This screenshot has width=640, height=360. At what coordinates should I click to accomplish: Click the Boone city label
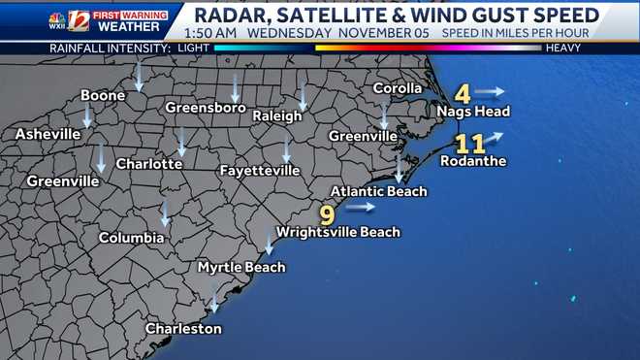pyautogui.click(x=102, y=96)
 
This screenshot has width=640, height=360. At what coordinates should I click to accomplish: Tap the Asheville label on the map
pyautogui.click(x=47, y=134)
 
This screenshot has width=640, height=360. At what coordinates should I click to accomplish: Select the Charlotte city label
pyautogui.click(x=149, y=164)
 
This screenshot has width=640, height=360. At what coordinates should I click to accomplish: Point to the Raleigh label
pyautogui.click(x=277, y=116)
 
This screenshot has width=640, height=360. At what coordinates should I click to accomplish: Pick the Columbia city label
pyautogui.click(x=131, y=238)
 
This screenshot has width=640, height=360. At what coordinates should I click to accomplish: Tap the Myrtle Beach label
pyautogui.click(x=241, y=267)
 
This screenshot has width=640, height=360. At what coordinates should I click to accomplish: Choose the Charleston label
pyautogui.click(x=183, y=329)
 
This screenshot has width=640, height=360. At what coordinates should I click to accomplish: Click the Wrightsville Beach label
pyautogui.click(x=337, y=232)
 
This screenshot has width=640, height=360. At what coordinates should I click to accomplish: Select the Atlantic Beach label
pyautogui.click(x=378, y=191)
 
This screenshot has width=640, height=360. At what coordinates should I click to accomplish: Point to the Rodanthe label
pyautogui.click(x=473, y=162)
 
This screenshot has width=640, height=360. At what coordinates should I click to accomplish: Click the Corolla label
pyautogui.click(x=399, y=89)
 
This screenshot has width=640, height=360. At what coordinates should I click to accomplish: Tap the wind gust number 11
pyautogui.click(x=470, y=145)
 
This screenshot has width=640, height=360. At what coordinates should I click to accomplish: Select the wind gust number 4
pyautogui.click(x=463, y=94)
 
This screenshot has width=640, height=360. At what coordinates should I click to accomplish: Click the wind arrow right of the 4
pyautogui.click(x=491, y=92)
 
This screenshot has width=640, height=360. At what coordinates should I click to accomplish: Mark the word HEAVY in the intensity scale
pyautogui.click(x=562, y=47)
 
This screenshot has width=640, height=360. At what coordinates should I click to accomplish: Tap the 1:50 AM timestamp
pyautogui.click(x=210, y=31)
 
